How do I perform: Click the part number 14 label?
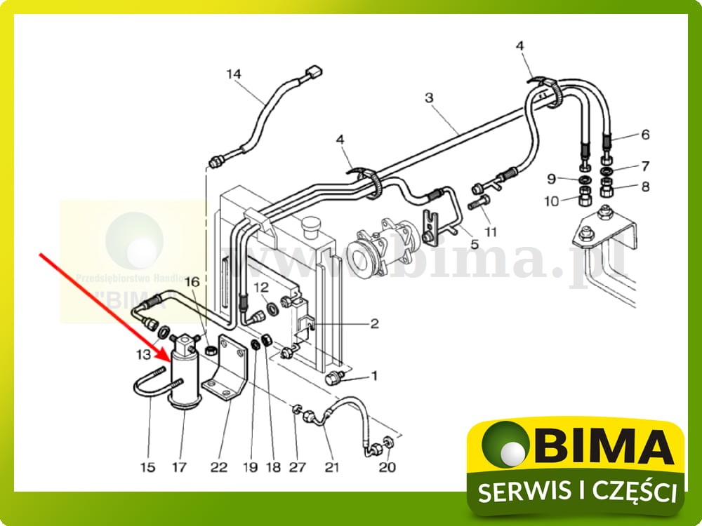click(233, 74)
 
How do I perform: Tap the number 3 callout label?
click(430, 98)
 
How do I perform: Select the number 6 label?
click(645, 135)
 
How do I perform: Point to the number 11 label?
click(490, 231)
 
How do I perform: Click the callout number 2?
click(374, 323)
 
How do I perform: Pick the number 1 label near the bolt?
click(374, 376)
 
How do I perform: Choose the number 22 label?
click(219, 467)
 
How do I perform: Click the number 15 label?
click(147, 467)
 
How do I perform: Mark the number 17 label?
click(181, 467)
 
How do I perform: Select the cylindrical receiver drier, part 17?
click(185, 375)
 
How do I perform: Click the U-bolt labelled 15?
click(151, 386)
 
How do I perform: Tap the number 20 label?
click(388, 467)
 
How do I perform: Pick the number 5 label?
click(475, 245)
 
